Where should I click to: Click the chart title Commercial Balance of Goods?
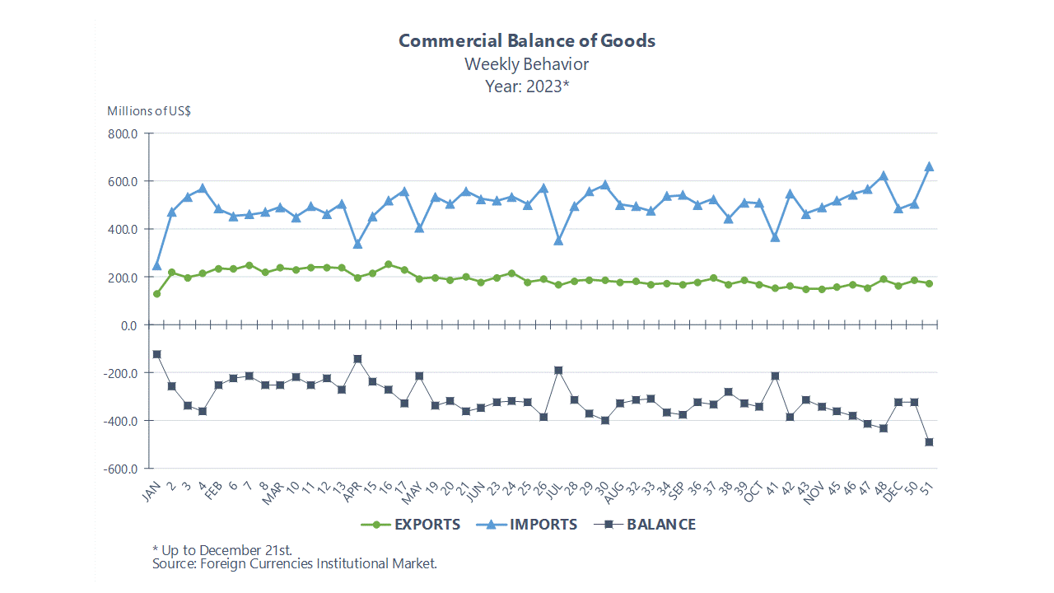coord(527,40)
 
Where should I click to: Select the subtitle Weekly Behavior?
coord(527,63)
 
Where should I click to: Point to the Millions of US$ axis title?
coord(149,110)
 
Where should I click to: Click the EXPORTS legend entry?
coord(411,525)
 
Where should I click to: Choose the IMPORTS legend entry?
coord(527,525)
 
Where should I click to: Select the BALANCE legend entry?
coord(645,525)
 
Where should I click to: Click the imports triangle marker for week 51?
coord(929,166)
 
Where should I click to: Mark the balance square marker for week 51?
coord(929,442)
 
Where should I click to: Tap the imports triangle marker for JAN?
coord(156,265)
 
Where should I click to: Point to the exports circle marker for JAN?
coord(156,294)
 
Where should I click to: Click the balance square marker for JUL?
coord(558,371)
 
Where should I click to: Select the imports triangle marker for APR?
coord(357,244)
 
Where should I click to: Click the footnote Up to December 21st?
coord(222,549)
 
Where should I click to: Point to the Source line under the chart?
coord(294,563)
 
